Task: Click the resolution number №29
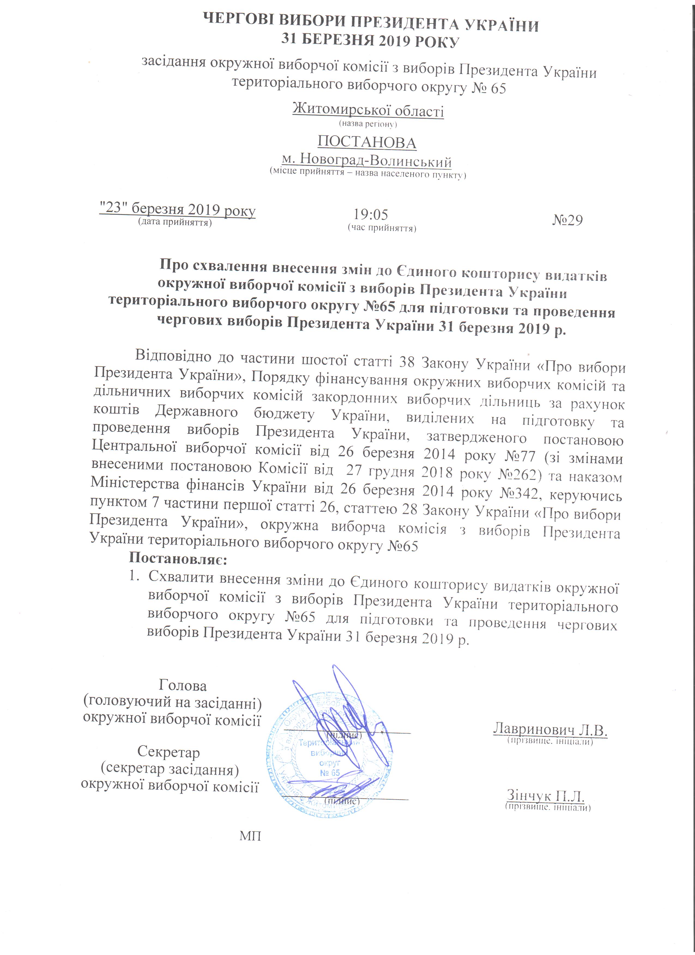click(x=567, y=220)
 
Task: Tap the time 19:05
click(x=370, y=215)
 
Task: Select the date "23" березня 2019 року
click(x=177, y=209)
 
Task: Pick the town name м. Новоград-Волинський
click(x=366, y=161)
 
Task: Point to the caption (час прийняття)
click(x=382, y=228)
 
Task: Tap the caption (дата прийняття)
click(x=175, y=222)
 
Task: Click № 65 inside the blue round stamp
click(x=330, y=773)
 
